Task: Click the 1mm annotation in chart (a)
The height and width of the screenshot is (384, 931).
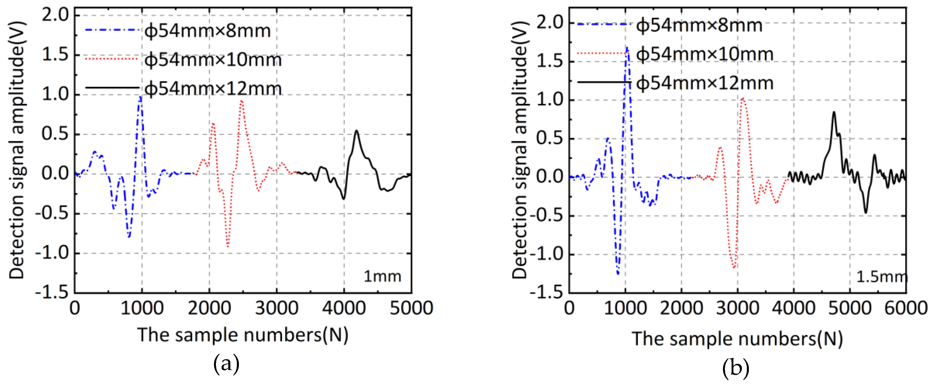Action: pyautogui.click(x=382, y=277)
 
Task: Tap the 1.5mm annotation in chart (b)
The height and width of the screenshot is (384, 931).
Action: pyautogui.click(x=881, y=277)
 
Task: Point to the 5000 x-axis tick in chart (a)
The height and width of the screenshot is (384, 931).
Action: pyautogui.click(x=411, y=308)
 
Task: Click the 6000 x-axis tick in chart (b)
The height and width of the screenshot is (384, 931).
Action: pyautogui.click(x=905, y=308)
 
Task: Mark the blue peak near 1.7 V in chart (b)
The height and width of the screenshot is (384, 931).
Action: pyautogui.click(x=627, y=47)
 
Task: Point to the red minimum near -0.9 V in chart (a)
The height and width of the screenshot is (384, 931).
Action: pyautogui.click(x=227, y=247)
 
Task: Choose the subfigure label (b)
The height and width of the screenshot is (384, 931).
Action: pyautogui.click(x=735, y=368)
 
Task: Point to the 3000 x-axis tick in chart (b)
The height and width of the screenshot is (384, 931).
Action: pyautogui.click(x=738, y=308)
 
